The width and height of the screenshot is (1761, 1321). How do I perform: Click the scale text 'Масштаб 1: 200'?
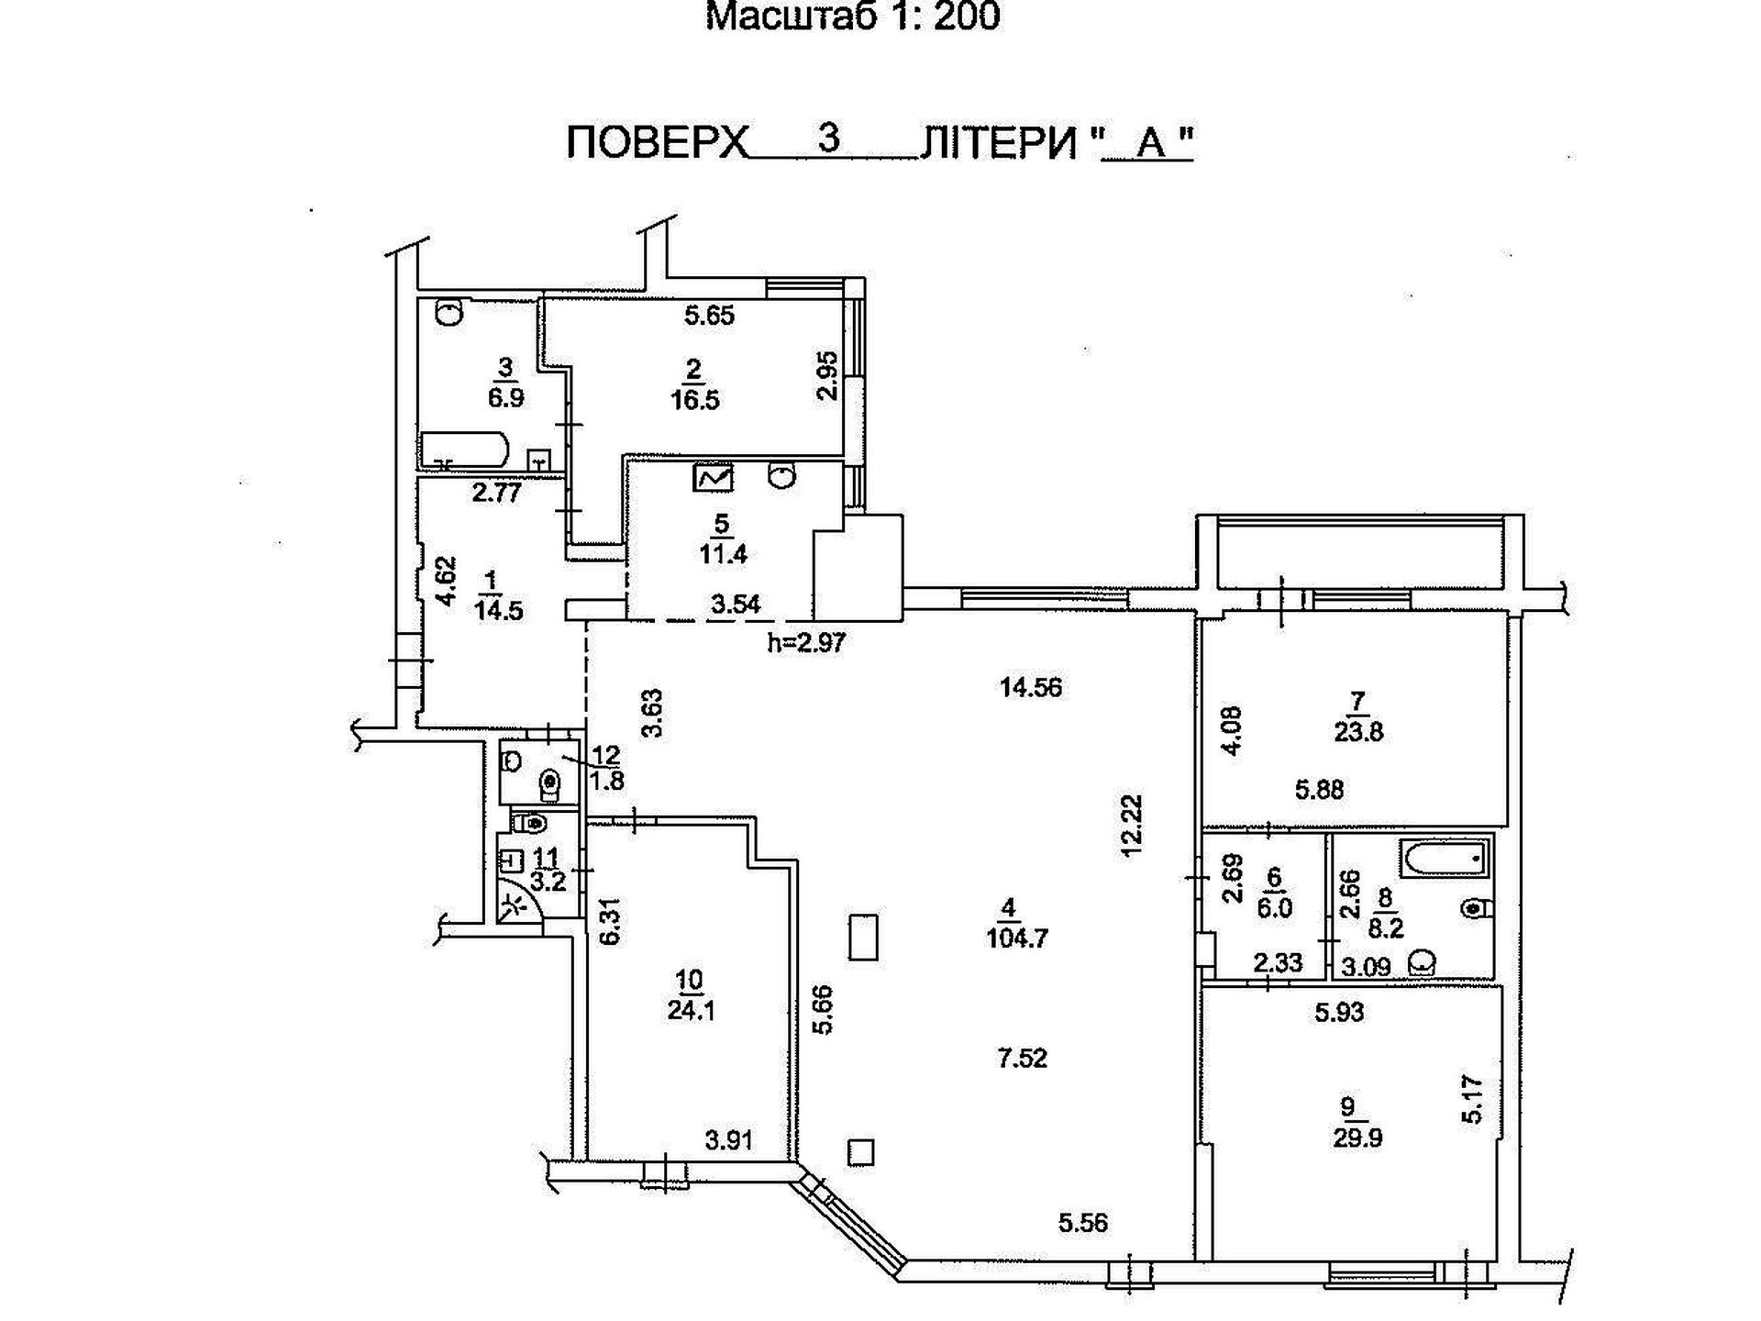pyautogui.click(x=852, y=17)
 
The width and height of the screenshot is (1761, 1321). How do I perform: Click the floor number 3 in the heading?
pyautogui.click(x=829, y=139)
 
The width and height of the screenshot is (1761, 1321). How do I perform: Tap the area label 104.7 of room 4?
pyautogui.click(x=1017, y=938)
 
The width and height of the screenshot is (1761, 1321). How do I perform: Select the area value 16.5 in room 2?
pyautogui.click(x=694, y=400)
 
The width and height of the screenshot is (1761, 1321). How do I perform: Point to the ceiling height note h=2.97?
pyautogui.click(x=806, y=642)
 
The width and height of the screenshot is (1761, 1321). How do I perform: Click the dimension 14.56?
pyautogui.click(x=1031, y=687)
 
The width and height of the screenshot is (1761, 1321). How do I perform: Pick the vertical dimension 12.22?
pyautogui.click(x=1133, y=825)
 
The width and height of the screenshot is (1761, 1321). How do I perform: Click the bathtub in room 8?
pyautogui.click(x=1444, y=860)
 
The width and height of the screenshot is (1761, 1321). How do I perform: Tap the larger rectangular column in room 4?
pyautogui.click(x=863, y=937)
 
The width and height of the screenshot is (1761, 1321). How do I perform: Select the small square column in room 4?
pyautogui.click(x=861, y=1151)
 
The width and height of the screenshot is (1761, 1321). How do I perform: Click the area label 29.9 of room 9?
pyautogui.click(x=1357, y=1138)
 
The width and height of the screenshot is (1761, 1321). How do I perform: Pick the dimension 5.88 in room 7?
pyautogui.click(x=1319, y=789)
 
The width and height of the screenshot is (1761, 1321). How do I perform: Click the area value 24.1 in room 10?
pyautogui.click(x=692, y=1010)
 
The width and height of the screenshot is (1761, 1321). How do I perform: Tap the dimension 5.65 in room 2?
pyautogui.click(x=709, y=316)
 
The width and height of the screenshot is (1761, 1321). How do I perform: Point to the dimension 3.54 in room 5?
pyautogui.click(x=736, y=603)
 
